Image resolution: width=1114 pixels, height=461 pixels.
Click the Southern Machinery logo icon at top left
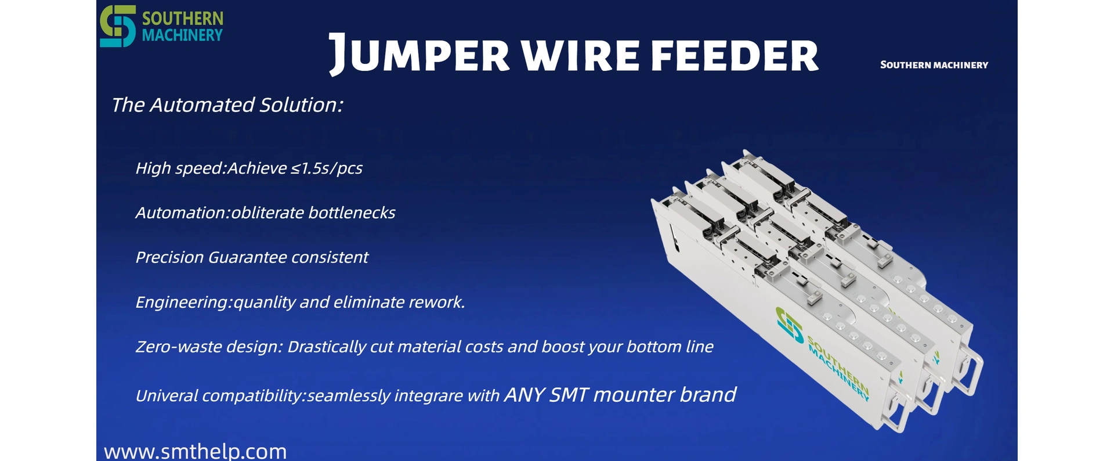[x=118, y=26]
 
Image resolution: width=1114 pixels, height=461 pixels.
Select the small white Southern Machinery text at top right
[x=934, y=65]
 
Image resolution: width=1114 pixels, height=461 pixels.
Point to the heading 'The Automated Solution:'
[x=227, y=105]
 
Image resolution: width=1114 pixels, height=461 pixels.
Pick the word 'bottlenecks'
[x=352, y=213]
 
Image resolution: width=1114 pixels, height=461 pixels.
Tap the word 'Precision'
[x=169, y=257]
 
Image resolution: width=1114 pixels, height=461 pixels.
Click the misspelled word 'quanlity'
[x=265, y=302]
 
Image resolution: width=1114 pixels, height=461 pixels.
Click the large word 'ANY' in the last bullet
[x=524, y=395]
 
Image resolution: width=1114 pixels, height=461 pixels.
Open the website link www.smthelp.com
[x=195, y=451]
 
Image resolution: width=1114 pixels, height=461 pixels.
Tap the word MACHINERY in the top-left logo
[x=182, y=35]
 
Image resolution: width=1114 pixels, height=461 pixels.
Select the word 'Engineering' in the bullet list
[x=182, y=302]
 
